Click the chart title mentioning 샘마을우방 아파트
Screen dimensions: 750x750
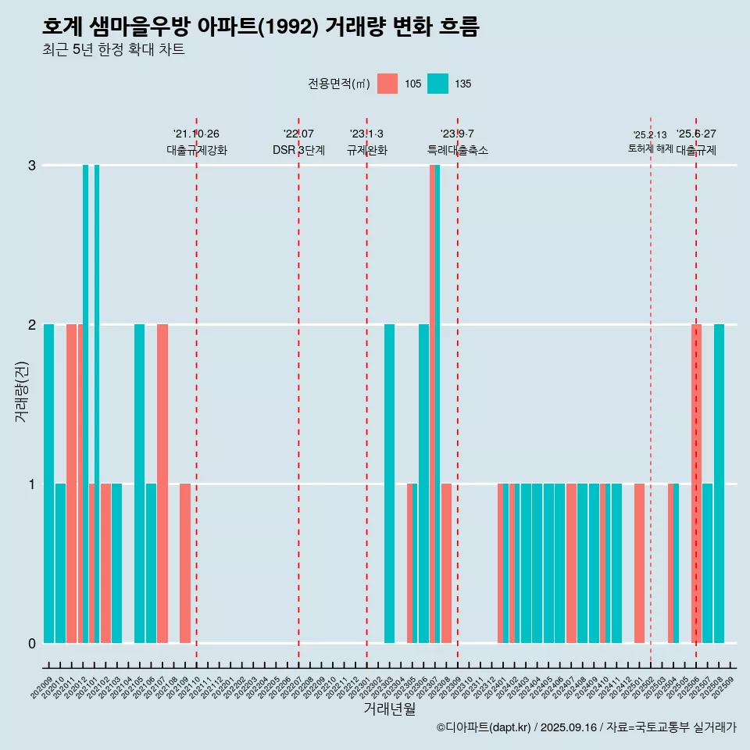pos(260,27)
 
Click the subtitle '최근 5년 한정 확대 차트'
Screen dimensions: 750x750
pos(113,50)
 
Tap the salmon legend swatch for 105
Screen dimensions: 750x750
pos(387,84)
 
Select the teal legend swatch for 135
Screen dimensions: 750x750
pos(437,84)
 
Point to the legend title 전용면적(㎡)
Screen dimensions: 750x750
pos(338,84)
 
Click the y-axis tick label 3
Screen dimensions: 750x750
pos(32,166)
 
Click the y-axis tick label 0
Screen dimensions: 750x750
pos(32,644)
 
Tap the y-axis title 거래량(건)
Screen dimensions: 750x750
pos(21,391)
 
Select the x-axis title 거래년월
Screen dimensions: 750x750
pos(389,709)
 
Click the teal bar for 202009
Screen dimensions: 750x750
pos(49,484)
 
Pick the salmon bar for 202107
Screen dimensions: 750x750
pos(162,484)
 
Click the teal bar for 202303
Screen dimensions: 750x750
pos(389,484)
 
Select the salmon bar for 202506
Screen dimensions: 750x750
pos(696,484)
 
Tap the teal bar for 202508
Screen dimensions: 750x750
pos(719,484)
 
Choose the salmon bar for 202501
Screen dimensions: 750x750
pos(639,563)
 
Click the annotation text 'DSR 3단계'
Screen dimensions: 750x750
pos(298,150)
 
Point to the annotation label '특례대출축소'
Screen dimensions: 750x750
pos(457,150)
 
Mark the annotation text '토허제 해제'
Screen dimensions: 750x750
pos(650,148)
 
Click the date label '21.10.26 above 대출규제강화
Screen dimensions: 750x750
pos(196,134)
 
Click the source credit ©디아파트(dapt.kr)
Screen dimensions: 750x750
pos(484,727)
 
